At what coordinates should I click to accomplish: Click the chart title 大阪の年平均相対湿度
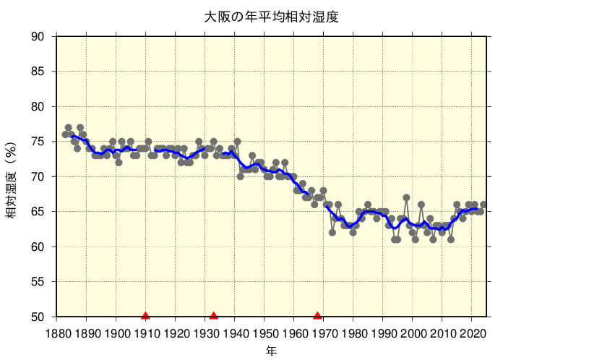(x=271, y=16)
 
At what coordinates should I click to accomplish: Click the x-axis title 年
(x=271, y=351)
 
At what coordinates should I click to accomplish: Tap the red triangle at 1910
(x=146, y=315)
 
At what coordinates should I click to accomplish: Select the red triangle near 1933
(x=214, y=315)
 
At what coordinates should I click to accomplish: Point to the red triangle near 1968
(x=318, y=315)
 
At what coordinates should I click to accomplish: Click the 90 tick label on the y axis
(x=38, y=37)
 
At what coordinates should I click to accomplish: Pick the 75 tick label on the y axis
(x=38, y=142)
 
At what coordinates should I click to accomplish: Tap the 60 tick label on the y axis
(x=38, y=247)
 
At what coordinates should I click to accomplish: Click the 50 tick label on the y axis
(x=38, y=317)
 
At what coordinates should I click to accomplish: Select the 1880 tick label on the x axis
(x=57, y=333)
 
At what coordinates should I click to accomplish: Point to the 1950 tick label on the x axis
(x=265, y=333)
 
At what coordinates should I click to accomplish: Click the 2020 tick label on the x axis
(x=472, y=333)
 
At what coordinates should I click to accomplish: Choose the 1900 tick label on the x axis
(x=116, y=333)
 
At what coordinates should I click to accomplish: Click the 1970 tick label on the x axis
(x=324, y=333)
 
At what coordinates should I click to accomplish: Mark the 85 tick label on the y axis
(x=38, y=72)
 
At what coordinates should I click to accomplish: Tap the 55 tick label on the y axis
(x=38, y=282)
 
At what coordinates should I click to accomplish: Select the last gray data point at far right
(x=483, y=205)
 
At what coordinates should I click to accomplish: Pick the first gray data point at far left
(x=66, y=134)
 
